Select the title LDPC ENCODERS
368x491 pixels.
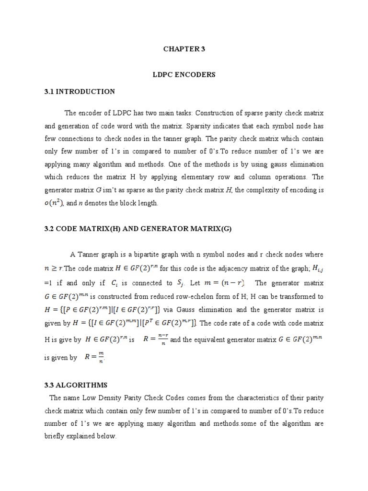[184, 75]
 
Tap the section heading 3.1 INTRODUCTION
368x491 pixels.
[80, 91]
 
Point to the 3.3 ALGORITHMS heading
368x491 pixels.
[76, 385]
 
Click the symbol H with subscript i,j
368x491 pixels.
[315, 268]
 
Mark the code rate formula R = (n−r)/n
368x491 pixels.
[155, 339]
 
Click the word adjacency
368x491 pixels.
[230, 268]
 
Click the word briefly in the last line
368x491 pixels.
[57, 436]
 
